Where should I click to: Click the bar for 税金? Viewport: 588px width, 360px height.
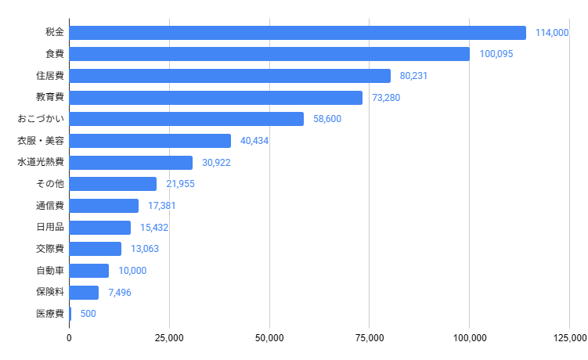pyautogui.click(x=298, y=33)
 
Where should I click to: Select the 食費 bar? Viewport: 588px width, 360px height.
pyautogui.click(x=269, y=54)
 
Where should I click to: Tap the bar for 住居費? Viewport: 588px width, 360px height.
pyautogui.click(x=229, y=76)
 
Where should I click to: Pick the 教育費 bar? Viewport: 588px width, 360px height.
pyautogui.click(x=215, y=98)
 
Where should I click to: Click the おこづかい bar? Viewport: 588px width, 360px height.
pyautogui.click(x=186, y=119)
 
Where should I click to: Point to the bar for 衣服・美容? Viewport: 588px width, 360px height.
pyautogui.click(x=150, y=141)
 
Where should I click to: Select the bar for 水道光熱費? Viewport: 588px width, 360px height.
pyautogui.click(x=131, y=163)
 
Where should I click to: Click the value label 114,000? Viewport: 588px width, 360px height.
pyautogui.click(x=552, y=33)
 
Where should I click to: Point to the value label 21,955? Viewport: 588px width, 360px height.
pyautogui.click(x=180, y=184)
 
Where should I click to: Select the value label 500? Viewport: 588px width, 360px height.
pyautogui.click(x=88, y=314)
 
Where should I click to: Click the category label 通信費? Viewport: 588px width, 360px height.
pyautogui.click(x=49, y=206)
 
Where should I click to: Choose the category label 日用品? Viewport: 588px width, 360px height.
pyautogui.click(x=49, y=228)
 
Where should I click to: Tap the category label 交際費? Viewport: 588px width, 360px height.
pyautogui.click(x=49, y=249)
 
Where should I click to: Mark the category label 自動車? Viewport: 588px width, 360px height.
pyautogui.click(x=49, y=271)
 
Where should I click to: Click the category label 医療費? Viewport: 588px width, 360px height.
pyautogui.click(x=49, y=314)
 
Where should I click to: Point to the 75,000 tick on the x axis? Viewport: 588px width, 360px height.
pyautogui.click(x=370, y=338)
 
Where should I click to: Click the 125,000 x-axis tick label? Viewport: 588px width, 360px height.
pyautogui.click(x=568, y=338)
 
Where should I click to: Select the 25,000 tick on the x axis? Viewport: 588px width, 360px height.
pyautogui.click(x=169, y=338)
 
